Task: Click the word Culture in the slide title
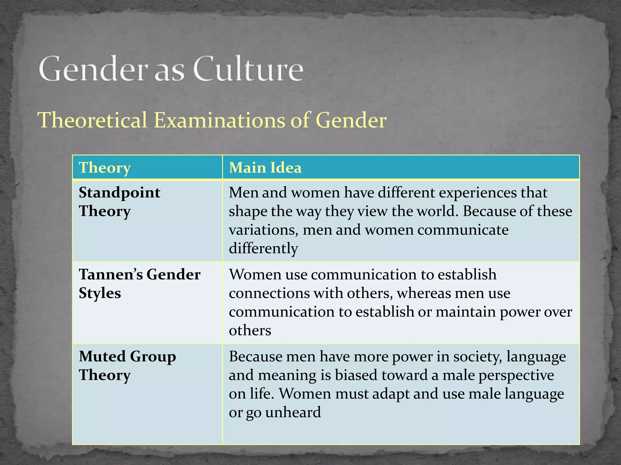[x=248, y=69]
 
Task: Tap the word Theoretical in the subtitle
[x=92, y=120]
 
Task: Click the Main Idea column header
[x=265, y=168]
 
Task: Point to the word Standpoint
[x=119, y=193]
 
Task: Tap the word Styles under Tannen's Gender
[x=100, y=293]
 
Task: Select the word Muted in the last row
[x=102, y=357]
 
